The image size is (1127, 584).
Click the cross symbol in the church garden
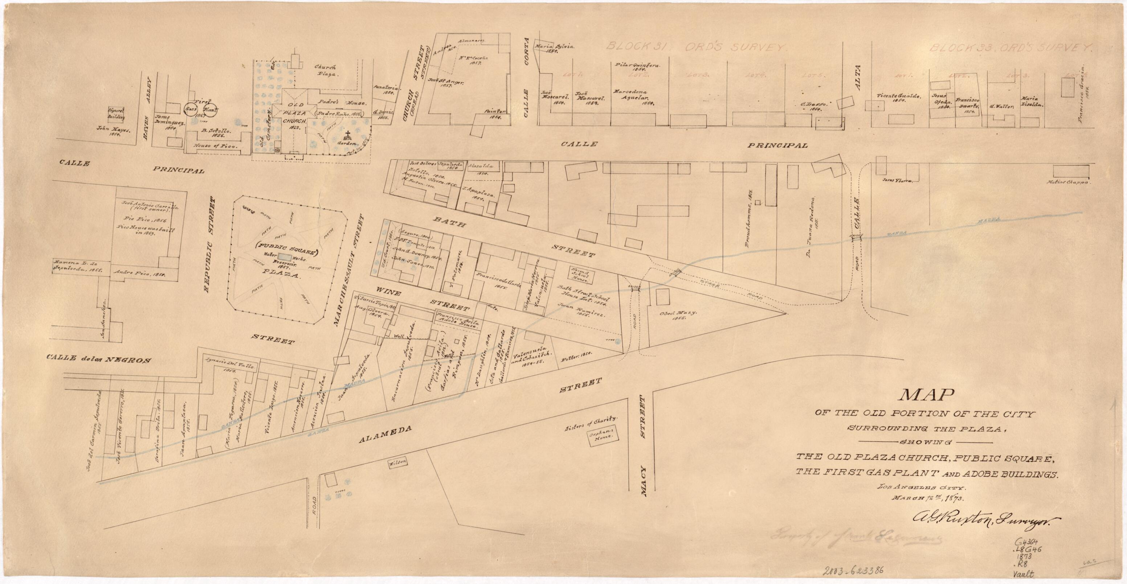(348, 134)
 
